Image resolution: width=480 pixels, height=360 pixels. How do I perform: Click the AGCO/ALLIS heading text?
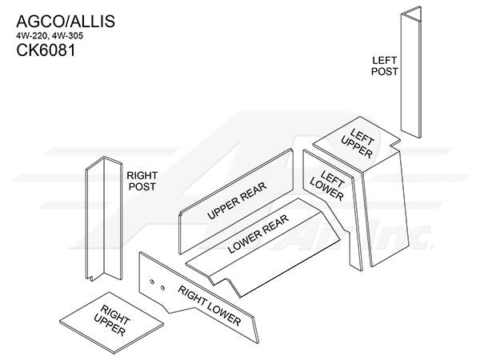click(x=66, y=22)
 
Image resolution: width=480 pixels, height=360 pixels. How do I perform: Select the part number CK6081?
click(x=46, y=50)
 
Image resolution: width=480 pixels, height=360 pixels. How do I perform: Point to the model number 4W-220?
click(x=32, y=36)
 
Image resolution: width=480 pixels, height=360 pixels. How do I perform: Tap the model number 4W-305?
click(x=67, y=36)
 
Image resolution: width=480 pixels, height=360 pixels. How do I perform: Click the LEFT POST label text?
click(x=385, y=66)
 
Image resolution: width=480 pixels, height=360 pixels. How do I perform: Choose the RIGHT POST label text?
click(x=142, y=181)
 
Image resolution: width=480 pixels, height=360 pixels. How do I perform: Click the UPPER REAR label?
click(x=237, y=201)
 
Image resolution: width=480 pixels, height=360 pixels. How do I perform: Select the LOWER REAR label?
click(x=258, y=234)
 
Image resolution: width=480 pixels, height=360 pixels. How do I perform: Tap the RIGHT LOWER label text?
click(x=210, y=306)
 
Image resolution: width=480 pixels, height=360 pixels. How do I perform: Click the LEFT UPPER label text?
click(x=358, y=143)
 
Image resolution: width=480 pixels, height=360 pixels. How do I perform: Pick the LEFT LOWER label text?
click(x=327, y=186)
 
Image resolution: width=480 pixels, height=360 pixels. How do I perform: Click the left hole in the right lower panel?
click(x=151, y=282)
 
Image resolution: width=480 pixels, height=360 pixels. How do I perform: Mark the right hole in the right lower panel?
click(x=162, y=288)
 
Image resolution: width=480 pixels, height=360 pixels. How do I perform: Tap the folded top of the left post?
click(x=412, y=14)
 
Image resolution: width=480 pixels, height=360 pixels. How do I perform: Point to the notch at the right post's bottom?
click(x=90, y=278)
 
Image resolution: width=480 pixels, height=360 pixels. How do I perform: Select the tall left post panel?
click(x=411, y=72)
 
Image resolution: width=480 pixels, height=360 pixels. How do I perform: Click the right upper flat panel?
click(x=111, y=322)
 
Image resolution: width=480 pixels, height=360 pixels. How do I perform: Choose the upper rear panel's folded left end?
click(x=181, y=233)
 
